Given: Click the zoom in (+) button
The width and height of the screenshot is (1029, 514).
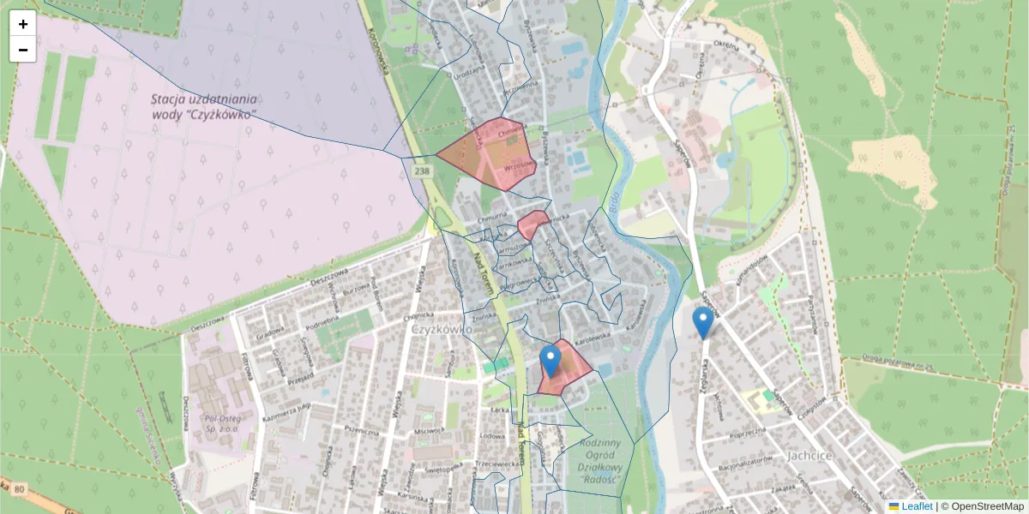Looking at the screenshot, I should pos(23,24).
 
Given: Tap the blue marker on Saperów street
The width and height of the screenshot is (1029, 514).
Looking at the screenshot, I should pos(703,323).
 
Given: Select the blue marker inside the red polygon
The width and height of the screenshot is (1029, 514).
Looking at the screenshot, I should pos(551,361).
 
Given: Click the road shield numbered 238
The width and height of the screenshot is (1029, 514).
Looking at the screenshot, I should pos(421,172).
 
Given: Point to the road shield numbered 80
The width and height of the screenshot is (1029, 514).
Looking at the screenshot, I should pos(19,488).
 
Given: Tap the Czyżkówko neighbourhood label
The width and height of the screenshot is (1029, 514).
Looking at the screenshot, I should pos(442,329).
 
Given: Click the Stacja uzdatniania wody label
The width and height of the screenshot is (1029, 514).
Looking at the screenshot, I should pos(204,106).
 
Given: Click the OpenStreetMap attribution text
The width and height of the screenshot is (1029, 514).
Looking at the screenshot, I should pos(982,506).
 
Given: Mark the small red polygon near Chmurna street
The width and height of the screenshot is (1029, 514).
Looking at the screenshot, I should pos(532,225).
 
